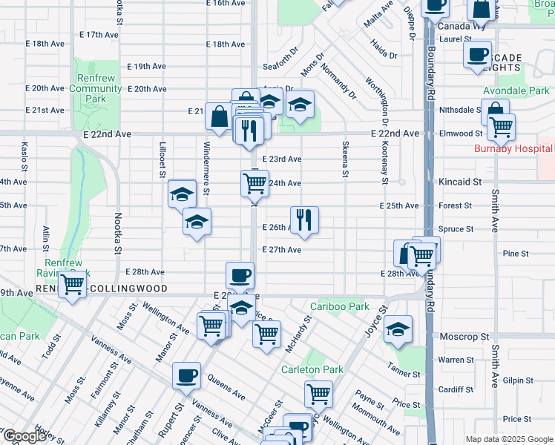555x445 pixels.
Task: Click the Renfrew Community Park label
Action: point(96,88)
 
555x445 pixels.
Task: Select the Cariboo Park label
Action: point(340,306)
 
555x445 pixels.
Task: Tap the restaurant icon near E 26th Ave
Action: point(304,220)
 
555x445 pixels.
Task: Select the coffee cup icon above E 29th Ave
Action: point(240,276)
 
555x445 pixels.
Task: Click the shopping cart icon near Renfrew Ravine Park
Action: point(72,284)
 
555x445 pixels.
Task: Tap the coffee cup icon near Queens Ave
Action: point(186,375)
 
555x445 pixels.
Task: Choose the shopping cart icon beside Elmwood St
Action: point(501,128)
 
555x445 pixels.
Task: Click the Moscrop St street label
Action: point(464,337)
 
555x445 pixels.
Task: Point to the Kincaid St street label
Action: point(460,181)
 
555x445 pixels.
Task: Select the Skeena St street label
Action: point(345,159)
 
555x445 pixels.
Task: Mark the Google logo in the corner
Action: point(24,437)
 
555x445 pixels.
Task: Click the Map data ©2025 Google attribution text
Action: point(509,440)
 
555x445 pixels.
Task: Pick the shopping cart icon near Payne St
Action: point(318,394)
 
